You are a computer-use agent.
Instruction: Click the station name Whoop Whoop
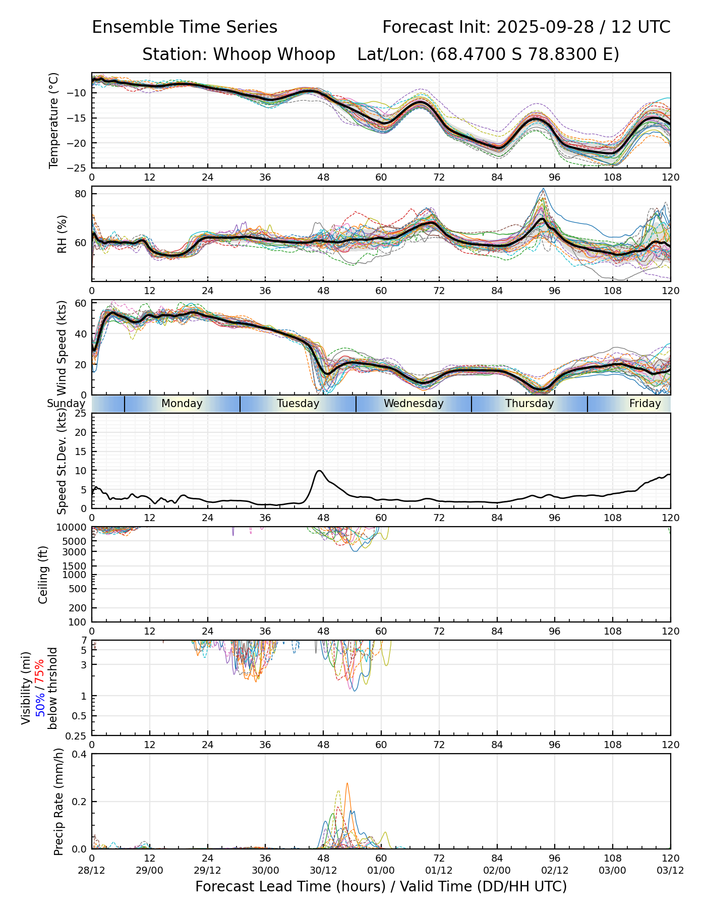274,54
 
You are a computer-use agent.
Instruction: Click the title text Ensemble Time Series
185,27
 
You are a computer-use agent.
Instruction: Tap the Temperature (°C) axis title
54,120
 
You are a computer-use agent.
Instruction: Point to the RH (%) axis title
62,234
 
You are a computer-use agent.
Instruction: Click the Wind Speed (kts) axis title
62,348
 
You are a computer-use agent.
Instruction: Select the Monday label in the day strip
182,404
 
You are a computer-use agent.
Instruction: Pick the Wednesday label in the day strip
414,404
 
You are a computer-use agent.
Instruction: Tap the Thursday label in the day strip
529,404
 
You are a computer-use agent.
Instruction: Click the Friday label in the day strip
644,404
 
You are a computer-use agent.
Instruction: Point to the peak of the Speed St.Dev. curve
319,471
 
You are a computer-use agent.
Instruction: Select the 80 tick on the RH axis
81,194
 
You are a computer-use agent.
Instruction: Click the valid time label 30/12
323,870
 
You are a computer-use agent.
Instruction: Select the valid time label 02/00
497,870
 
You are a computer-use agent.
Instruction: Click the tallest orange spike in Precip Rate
347,783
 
